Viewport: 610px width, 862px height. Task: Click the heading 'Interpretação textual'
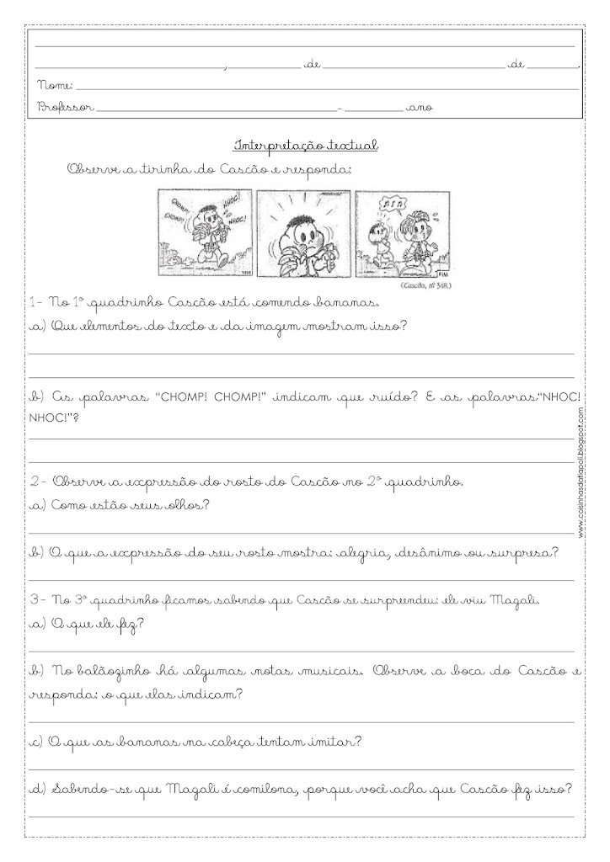click(x=308, y=145)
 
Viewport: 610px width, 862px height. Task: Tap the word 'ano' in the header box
click(x=419, y=108)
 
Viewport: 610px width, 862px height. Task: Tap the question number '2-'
click(x=37, y=482)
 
